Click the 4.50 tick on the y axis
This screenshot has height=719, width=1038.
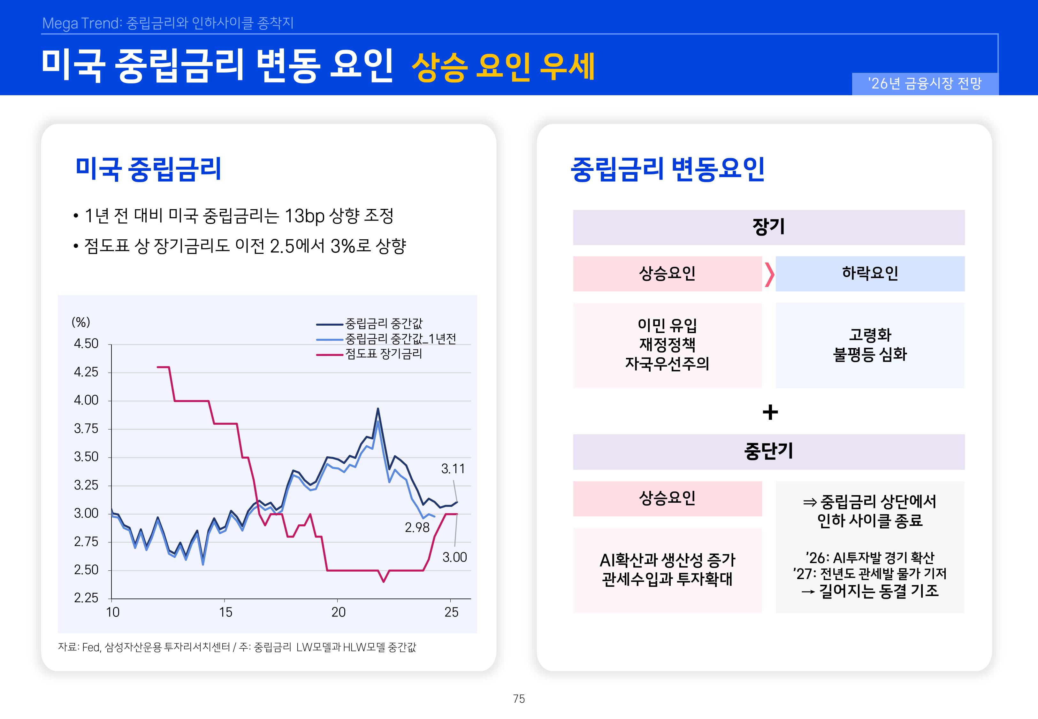[86, 344]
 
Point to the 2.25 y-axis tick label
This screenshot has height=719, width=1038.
[86, 598]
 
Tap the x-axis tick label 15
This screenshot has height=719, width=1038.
[225, 612]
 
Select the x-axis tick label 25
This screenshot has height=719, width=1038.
[452, 612]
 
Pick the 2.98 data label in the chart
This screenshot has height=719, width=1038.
[417, 528]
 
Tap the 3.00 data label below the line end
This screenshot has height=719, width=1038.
[454, 557]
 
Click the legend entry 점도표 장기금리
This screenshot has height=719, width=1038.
[384, 354]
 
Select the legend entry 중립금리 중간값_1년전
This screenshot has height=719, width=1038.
[401, 339]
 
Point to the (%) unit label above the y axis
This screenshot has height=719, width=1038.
[81, 322]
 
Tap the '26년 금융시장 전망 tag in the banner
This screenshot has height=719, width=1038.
[925, 84]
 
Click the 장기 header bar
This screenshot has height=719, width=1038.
[768, 227]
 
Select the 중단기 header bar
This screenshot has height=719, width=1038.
[768, 452]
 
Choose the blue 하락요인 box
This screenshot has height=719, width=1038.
[870, 274]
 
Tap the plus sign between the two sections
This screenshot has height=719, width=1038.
[770, 412]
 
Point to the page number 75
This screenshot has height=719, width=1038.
[519, 699]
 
